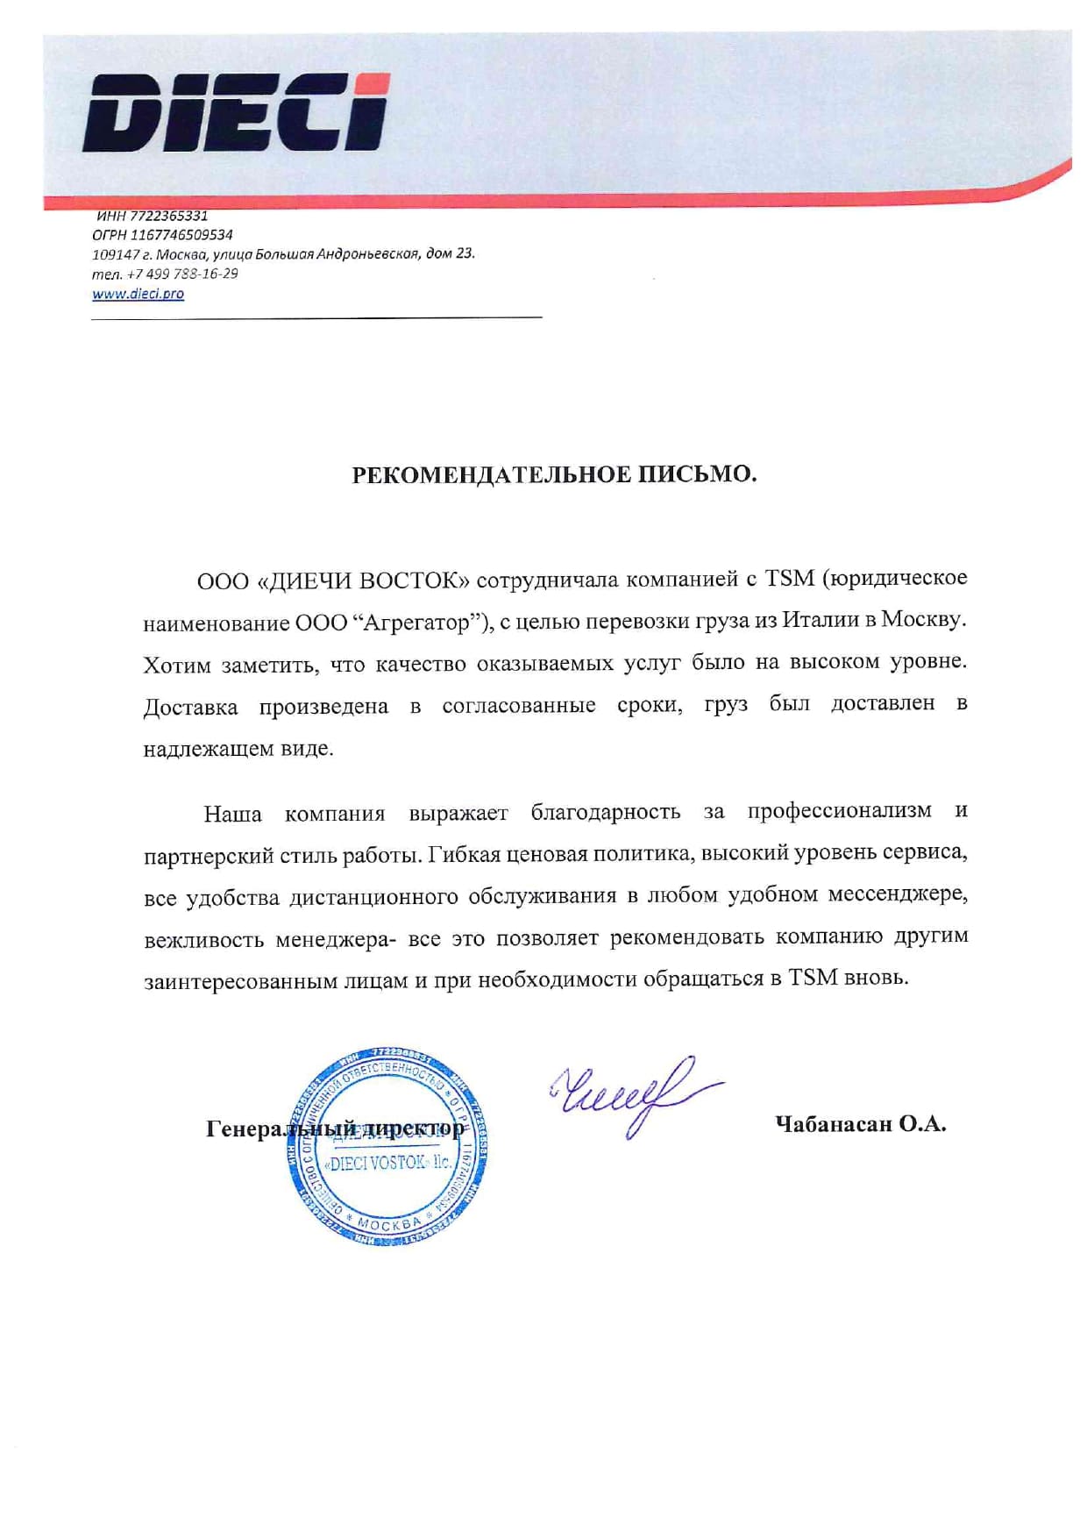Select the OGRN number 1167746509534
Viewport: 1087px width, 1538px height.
[x=181, y=235]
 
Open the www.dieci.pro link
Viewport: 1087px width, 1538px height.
[x=138, y=294]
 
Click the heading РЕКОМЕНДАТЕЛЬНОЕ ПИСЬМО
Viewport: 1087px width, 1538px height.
[x=554, y=474]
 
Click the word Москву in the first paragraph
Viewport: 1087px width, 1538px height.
[x=922, y=619]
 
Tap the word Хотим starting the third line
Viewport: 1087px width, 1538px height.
[x=177, y=665]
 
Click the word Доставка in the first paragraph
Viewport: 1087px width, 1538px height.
[x=190, y=707]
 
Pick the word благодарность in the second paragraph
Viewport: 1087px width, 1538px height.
[x=605, y=812]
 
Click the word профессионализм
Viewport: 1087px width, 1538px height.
[x=839, y=810]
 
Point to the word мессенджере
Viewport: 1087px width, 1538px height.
[x=898, y=895]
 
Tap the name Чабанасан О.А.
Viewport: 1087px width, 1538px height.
[x=860, y=1124]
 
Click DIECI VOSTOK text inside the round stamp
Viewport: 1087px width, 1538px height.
[x=388, y=1163]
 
